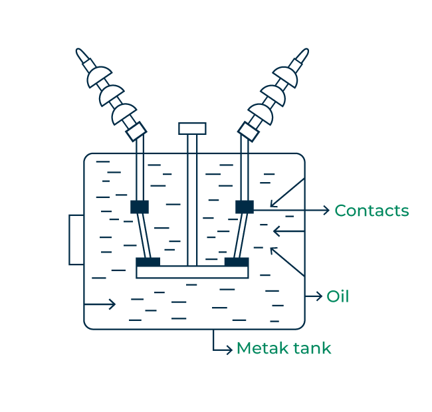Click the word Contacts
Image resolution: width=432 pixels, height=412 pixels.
coord(371,211)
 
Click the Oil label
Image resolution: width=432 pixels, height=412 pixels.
coord(338,296)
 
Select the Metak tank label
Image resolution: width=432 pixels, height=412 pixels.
coord(283,348)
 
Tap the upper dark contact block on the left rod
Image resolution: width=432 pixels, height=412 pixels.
coord(140,207)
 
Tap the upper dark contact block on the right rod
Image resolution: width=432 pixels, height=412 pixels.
coord(245,207)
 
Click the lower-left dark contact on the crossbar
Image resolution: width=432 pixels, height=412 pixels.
coord(148,262)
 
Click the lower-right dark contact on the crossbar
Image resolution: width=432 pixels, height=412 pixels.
coord(237,262)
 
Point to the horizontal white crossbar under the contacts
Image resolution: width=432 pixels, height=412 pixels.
coord(192,272)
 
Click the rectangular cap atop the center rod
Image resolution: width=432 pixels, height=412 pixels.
coord(192,128)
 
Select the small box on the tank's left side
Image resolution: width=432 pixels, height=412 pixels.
coord(76,240)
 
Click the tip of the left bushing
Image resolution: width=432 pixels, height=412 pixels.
coord(80,52)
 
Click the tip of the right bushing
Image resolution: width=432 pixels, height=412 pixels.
coord(304,52)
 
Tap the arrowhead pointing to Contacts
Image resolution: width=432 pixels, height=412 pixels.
coord(326,210)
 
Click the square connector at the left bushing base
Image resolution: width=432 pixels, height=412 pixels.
coord(136,131)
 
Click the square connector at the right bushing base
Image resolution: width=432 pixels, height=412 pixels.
coord(249,131)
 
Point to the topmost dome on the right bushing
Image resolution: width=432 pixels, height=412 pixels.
coord(286,76)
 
